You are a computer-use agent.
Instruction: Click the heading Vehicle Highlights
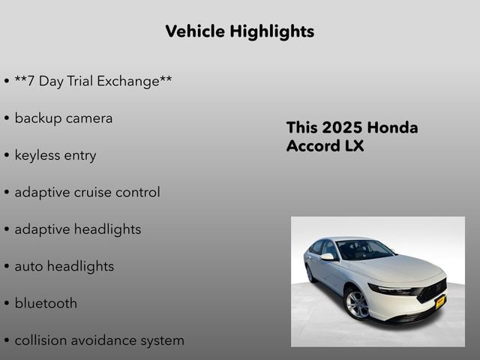(239, 31)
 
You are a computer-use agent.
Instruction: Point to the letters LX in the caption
(354, 146)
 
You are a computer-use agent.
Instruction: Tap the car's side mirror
(328, 256)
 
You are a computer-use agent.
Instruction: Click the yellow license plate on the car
(440, 301)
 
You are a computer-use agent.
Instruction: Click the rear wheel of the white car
(310, 274)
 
